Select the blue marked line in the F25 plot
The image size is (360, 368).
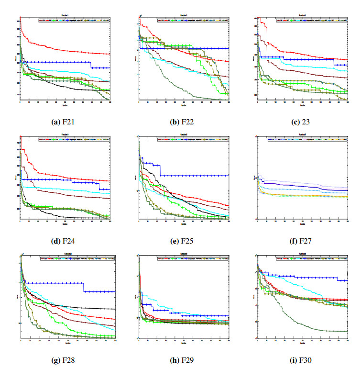point(191,176)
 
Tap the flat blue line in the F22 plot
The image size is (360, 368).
point(191,48)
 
